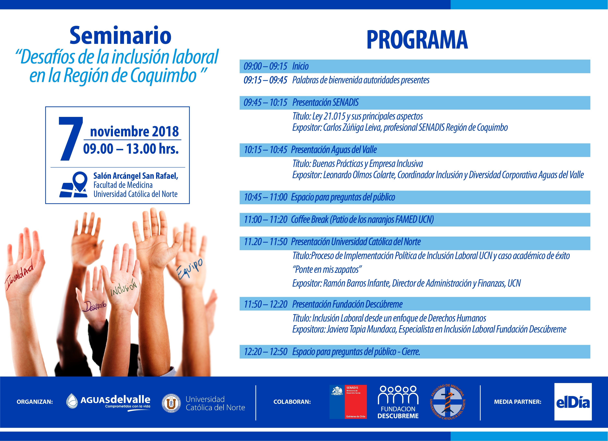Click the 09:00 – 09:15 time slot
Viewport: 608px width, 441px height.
coord(265,66)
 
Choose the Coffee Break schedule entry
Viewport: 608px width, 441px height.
coord(362,219)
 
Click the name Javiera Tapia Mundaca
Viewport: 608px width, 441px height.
coord(362,329)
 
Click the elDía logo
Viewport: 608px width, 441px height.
coord(573,402)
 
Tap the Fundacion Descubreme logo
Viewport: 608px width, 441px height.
coord(398,402)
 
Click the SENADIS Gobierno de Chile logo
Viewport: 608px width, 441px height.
coord(348,402)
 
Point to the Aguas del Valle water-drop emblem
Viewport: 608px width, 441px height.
coord(72,401)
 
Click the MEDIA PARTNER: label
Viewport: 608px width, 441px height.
coord(518,402)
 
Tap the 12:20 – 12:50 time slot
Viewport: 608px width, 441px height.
coord(265,352)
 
